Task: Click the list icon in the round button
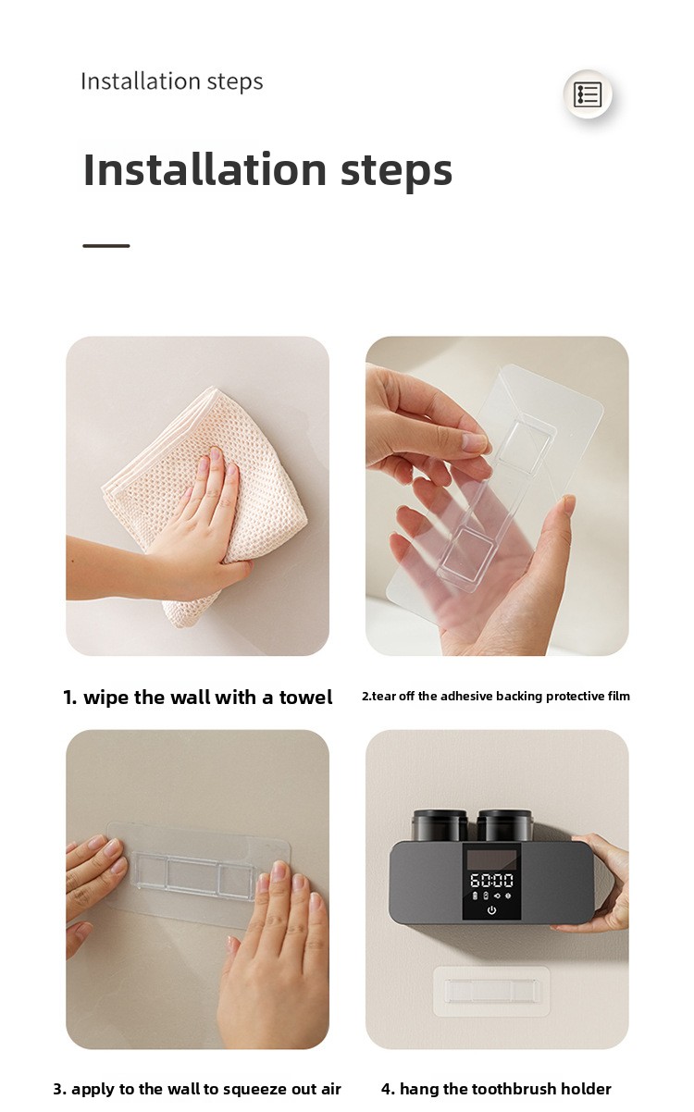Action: click(588, 94)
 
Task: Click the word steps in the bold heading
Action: click(396, 171)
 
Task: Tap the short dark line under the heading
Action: click(106, 246)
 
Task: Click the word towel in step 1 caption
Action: click(305, 698)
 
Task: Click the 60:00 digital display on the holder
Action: click(491, 880)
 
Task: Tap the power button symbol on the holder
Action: click(491, 910)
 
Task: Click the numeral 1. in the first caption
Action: click(70, 698)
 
